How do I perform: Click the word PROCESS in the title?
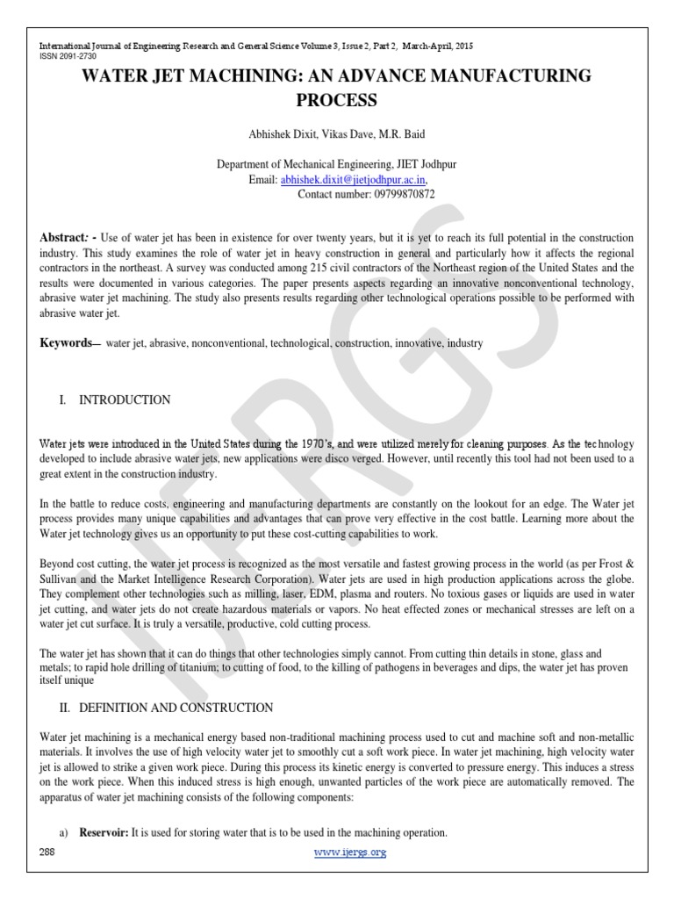[336, 100]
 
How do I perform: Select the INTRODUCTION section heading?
[125, 400]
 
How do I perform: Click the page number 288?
[47, 852]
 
